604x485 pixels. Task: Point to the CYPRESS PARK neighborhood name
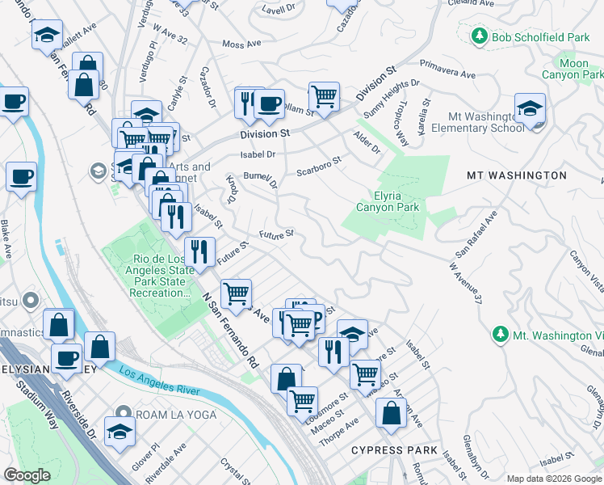pyautogui.click(x=394, y=450)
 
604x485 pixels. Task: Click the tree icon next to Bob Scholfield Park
pyautogui.click(x=480, y=37)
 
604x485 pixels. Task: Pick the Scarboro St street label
pyautogui.click(x=319, y=166)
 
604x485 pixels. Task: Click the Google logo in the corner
pyautogui.click(x=27, y=475)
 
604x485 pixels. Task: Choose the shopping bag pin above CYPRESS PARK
pyautogui.click(x=392, y=413)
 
